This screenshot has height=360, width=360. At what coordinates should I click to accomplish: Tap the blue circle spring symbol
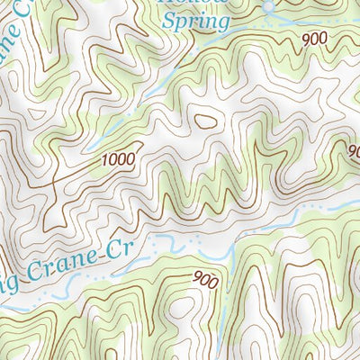pos(267,7)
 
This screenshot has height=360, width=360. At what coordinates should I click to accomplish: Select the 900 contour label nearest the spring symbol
pos(314,39)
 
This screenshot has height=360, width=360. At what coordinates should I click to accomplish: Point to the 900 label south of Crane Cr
pos(205,280)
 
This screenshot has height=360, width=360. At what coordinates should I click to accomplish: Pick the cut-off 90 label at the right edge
pos(353,150)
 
